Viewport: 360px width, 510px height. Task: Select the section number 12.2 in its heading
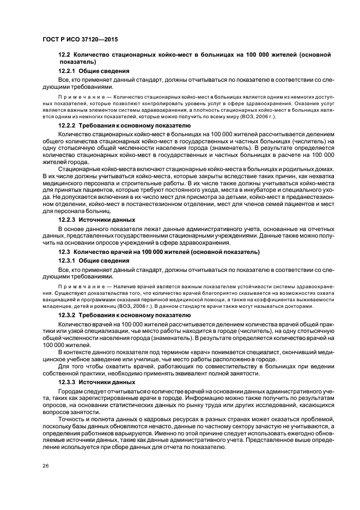64,56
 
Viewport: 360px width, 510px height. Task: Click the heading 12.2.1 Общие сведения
94,71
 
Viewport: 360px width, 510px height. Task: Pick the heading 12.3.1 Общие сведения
94,260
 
